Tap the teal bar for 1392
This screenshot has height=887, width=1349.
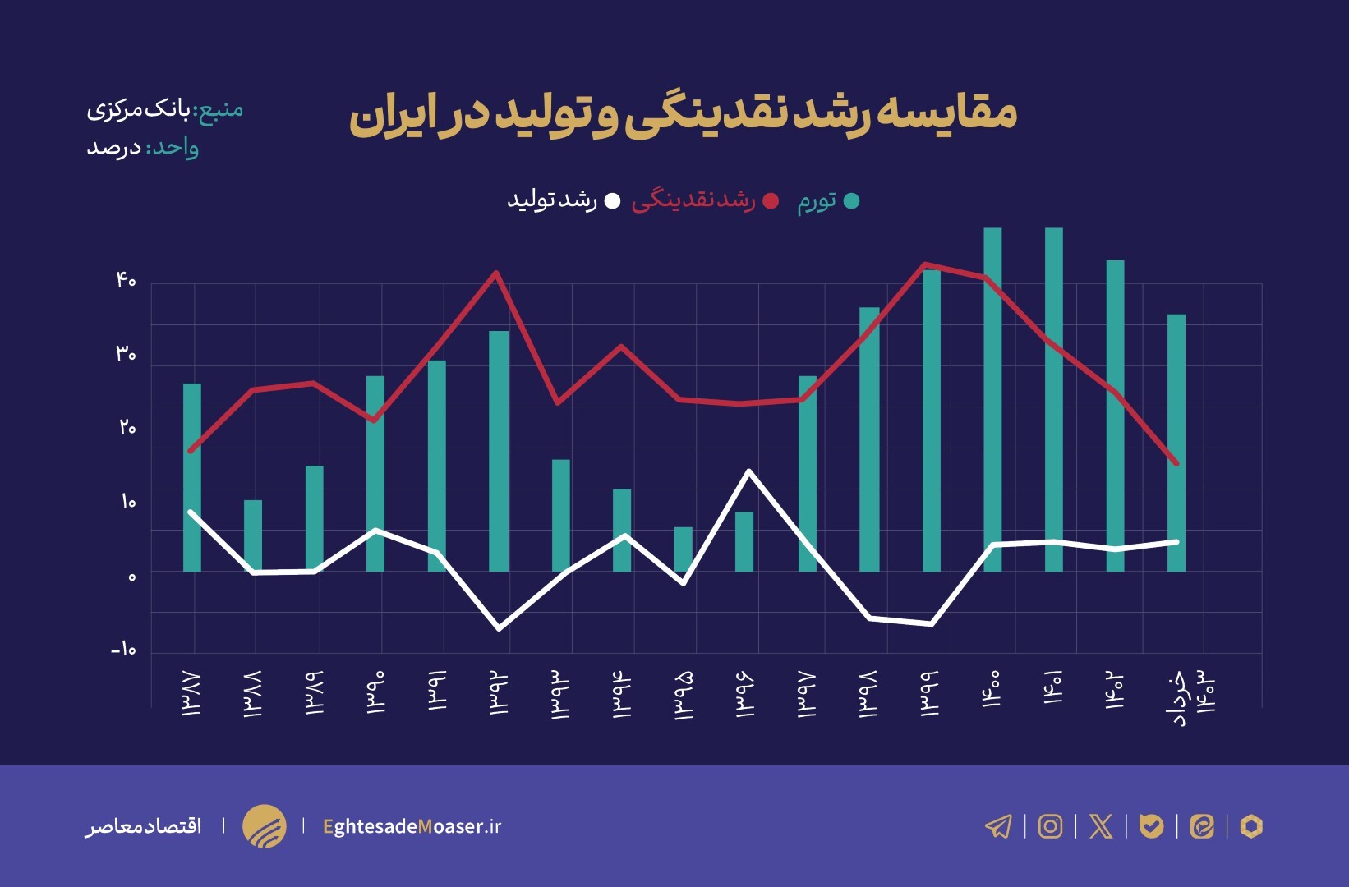tap(499, 452)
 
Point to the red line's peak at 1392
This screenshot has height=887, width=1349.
tap(496, 273)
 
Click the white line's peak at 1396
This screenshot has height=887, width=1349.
tap(748, 471)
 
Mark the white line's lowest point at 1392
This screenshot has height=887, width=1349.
tap(500, 628)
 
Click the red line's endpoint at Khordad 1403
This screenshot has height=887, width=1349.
tap(1176, 463)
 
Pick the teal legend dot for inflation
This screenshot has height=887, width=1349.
tap(852, 201)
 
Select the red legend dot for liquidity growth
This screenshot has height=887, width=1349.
tap(771, 201)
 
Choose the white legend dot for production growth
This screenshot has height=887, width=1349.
tap(612, 201)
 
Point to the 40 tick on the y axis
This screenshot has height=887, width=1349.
tap(126, 281)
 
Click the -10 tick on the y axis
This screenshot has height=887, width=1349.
tap(123, 650)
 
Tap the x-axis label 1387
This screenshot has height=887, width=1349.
tap(191, 694)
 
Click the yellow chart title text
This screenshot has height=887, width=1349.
tap(683, 115)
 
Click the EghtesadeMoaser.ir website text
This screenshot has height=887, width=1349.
tap(412, 826)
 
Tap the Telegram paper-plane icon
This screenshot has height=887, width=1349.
tap(998, 826)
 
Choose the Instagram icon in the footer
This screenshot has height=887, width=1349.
tap(1050, 826)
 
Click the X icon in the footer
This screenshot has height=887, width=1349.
tap(1101, 826)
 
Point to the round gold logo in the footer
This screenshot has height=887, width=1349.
tap(265, 826)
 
